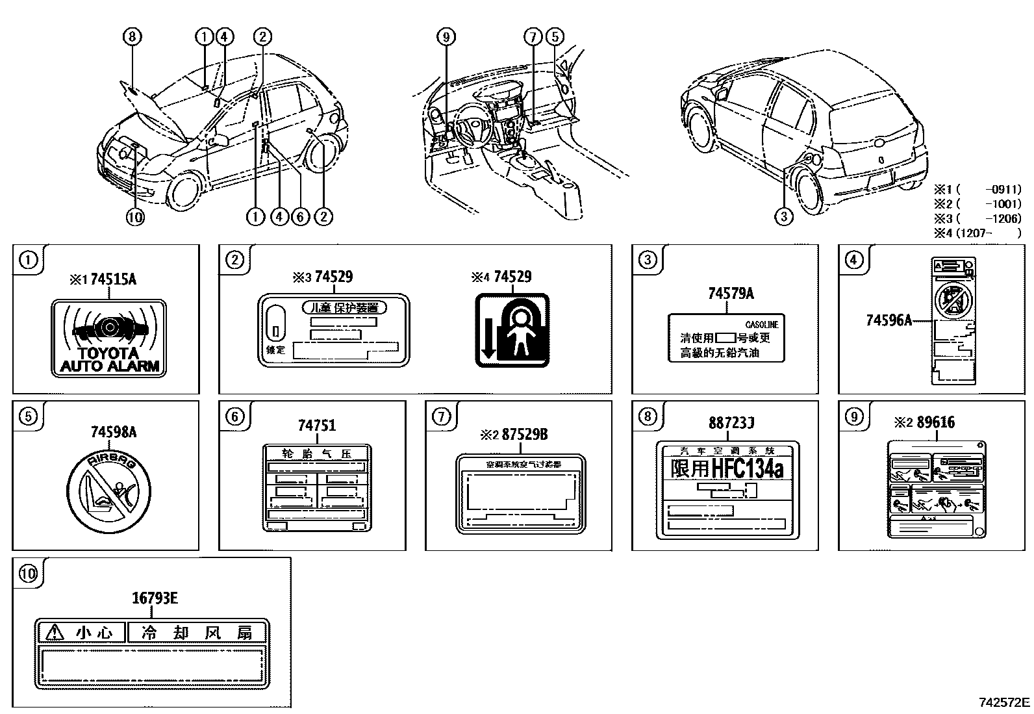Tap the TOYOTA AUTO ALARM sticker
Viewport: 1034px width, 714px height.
pos(108,338)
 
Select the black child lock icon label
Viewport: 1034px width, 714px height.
pos(512,330)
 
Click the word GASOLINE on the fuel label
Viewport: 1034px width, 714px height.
pos(761,324)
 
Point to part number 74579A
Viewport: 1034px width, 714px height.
pos(731,294)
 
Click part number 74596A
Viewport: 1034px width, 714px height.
pos(888,320)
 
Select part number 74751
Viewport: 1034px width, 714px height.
pos(317,426)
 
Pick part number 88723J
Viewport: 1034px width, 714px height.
pos(731,423)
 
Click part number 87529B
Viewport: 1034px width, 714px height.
pos(525,435)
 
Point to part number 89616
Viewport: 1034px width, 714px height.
pos(935,422)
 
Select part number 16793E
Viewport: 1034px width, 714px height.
pos(155,598)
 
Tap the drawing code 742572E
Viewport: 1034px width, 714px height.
pos(1004,702)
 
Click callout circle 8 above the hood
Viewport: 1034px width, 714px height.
pos(132,37)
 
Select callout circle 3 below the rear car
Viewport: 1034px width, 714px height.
pos(784,216)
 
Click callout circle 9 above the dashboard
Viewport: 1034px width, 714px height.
pos(446,37)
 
